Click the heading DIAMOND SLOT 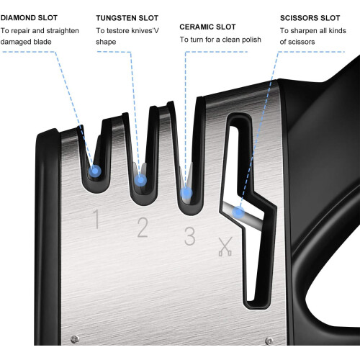click(29, 18)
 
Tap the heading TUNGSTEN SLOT click(127, 18)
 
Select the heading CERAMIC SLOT click(207, 27)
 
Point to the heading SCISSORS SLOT click(310, 18)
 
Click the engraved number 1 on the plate click(96, 219)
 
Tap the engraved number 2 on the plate click(143, 227)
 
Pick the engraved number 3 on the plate click(189, 236)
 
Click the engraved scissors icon click(225, 246)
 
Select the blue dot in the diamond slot click(95, 171)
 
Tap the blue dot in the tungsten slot click(140, 180)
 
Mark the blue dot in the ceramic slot click(186, 193)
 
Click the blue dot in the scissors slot click(238, 212)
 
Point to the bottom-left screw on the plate click(75, 339)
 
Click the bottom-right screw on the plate click(269, 341)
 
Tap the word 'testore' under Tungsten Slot click(117, 31)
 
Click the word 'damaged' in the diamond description click(14, 42)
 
